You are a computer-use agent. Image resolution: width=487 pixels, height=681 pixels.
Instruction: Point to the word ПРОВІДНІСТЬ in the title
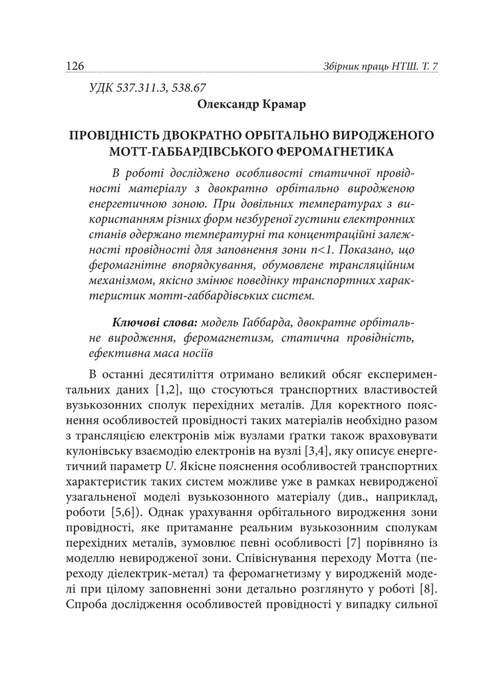(118, 136)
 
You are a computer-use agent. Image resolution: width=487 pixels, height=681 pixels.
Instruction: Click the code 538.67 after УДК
(190, 88)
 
